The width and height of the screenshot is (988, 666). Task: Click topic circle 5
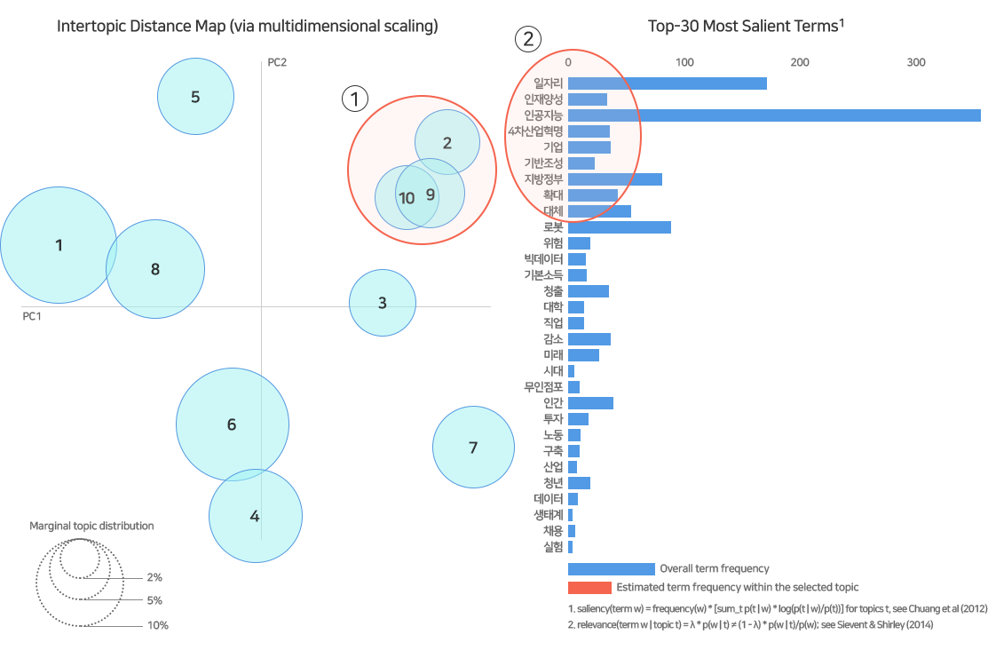click(195, 97)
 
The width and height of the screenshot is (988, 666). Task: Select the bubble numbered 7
click(473, 448)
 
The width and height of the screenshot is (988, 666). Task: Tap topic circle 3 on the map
click(383, 303)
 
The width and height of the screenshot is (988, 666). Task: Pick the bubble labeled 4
click(255, 515)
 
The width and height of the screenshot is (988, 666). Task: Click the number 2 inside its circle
click(447, 142)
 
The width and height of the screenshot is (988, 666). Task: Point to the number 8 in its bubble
click(155, 269)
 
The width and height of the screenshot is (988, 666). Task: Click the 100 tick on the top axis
click(684, 62)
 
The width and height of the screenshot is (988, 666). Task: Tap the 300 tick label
click(916, 62)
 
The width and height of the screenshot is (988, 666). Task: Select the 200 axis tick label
click(800, 62)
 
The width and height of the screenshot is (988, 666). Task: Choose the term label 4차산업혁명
click(535, 131)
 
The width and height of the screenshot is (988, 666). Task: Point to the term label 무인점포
click(543, 387)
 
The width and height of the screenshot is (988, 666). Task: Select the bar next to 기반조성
click(581, 163)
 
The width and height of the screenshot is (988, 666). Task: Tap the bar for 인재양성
click(588, 99)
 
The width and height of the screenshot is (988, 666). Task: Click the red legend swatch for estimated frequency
click(589, 588)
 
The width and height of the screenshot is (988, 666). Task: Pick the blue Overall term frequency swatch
click(611, 568)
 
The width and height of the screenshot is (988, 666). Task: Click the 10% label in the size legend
click(158, 625)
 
